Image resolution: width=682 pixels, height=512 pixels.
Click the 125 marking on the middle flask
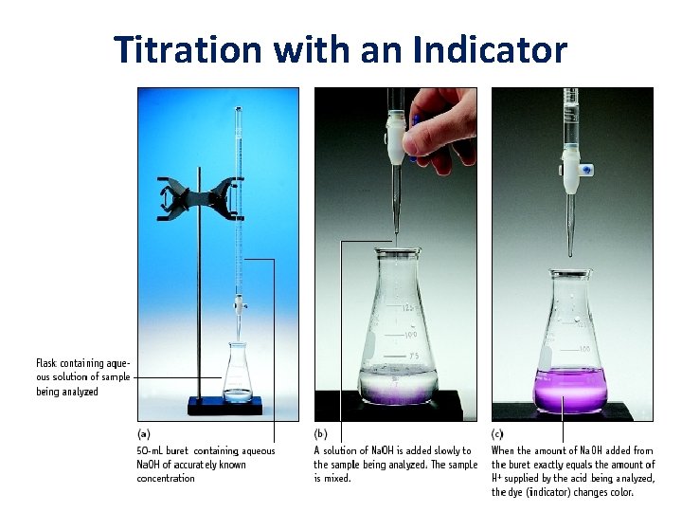click(x=408, y=309)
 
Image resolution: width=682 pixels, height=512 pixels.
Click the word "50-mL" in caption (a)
click(x=154, y=451)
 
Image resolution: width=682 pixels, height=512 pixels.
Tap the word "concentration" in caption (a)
click(x=167, y=478)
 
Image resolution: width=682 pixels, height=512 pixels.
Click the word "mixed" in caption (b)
click(x=336, y=478)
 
